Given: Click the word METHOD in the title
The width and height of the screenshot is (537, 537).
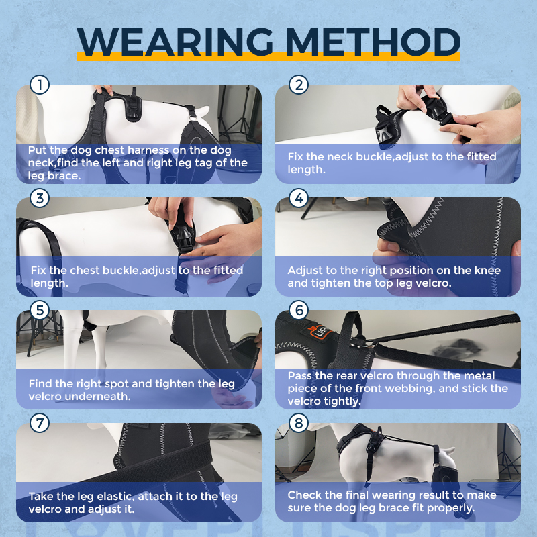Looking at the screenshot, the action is [x=373, y=42].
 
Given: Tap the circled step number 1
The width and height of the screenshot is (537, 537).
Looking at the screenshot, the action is [x=40, y=85].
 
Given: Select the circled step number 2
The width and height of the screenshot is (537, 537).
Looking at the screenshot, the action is [x=299, y=85].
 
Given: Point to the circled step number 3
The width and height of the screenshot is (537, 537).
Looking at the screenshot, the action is [x=40, y=198].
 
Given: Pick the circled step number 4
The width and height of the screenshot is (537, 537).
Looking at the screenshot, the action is [x=299, y=198].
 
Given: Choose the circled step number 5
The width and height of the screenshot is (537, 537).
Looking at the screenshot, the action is [x=40, y=310].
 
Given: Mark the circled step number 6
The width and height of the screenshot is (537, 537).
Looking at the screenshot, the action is [x=299, y=310].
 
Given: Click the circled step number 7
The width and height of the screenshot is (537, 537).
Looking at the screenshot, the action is [x=40, y=423].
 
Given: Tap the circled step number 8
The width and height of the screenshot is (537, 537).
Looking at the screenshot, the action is [x=299, y=423].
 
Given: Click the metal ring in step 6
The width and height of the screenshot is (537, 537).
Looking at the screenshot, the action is [x=368, y=343].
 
